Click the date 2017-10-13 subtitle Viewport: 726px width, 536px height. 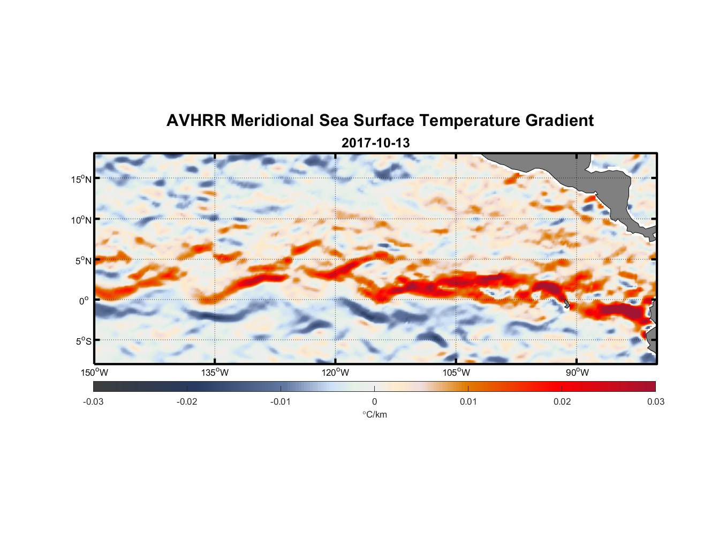[375, 143]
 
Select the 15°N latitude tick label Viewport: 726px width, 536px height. [81, 179]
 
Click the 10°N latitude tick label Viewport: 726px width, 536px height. [81, 220]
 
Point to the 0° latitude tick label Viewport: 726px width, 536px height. [84, 301]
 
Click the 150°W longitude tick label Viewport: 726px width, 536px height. [94, 373]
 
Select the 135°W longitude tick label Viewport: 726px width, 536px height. [215, 373]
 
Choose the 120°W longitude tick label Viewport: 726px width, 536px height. [336, 373]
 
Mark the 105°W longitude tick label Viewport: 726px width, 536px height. [456, 373]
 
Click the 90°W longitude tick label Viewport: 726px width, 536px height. [577, 373]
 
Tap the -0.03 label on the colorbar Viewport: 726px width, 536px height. [93, 401]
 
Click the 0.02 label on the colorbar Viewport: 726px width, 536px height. [562, 401]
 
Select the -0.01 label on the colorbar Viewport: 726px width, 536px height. [281, 401]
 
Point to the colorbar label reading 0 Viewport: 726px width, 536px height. [374, 401]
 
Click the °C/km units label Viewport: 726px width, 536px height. [374, 414]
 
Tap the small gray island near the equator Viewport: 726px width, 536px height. [566, 304]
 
